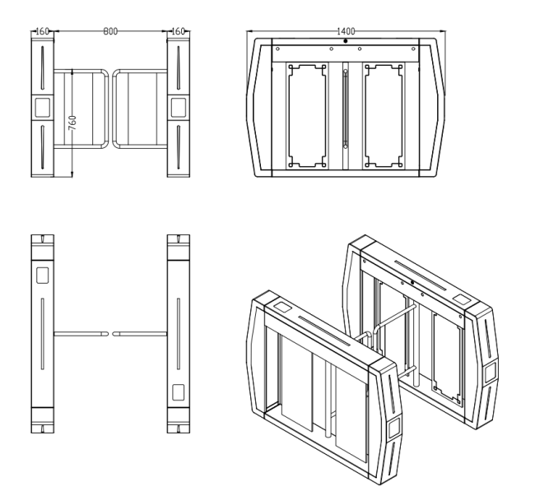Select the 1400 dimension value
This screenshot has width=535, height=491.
346,30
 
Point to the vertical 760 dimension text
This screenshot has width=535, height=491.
72,124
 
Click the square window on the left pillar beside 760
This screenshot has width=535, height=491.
40,106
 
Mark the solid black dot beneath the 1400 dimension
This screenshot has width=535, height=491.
345,41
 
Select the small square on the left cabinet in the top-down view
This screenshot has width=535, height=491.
40,274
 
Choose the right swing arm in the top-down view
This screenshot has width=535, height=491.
139,333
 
